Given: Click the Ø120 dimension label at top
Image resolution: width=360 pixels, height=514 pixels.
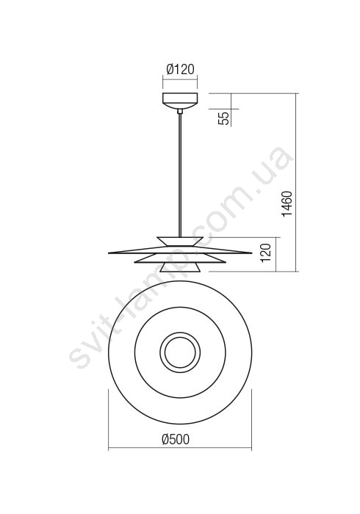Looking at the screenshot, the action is pos(180,69).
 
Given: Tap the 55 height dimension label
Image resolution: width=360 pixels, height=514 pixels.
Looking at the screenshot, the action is pos(225,118).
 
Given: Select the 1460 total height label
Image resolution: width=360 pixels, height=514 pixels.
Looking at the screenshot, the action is pos(287,203).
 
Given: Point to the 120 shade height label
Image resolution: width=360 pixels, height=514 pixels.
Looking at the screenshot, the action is pos(266,253).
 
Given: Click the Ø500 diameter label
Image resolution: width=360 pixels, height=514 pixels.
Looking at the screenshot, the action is pos(176,439).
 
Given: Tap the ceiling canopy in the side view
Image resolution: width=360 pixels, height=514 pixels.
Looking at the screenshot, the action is pos(180,101).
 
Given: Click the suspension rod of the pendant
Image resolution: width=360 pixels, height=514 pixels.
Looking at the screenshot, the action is pos(180,175).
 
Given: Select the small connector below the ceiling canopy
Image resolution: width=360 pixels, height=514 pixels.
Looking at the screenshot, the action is pos(180,112).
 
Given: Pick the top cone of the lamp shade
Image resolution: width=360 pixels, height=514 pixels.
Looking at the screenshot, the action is pos(180,242).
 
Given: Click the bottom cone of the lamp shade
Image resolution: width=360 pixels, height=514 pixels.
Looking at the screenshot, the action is pos(180,267).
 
